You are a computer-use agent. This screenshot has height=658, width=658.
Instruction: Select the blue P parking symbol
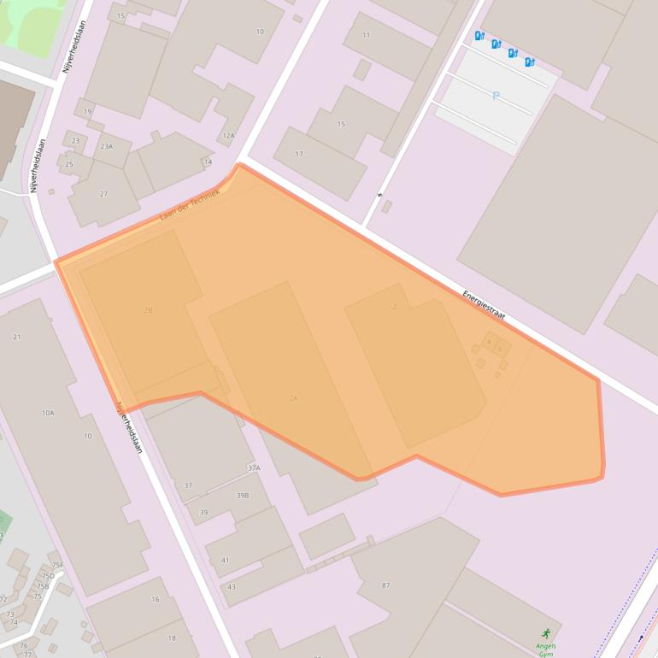pyautogui.click(x=496, y=97)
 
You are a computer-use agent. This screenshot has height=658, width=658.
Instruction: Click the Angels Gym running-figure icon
pyautogui.click(x=546, y=634)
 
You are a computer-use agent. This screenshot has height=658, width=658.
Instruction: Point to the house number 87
pyautogui.click(x=386, y=585)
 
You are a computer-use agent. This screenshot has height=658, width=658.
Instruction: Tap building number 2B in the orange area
pyautogui.click(x=148, y=310)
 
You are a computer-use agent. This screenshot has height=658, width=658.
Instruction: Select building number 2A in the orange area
pyautogui.click(x=293, y=398)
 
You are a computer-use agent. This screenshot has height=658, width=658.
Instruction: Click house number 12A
pyautogui.click(x=228, y=136)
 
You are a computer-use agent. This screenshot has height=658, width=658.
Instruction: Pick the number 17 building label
pyautogui.click(x=299, y=154)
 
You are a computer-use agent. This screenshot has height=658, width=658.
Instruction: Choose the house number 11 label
pyautogui.click(x=367, y=35)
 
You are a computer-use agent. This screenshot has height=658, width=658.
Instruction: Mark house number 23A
pyautogui.click(x=106, y=146)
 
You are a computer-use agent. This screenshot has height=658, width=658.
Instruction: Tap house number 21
pyautogui.click(x=17, y=337)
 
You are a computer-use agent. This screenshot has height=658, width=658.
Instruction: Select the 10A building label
pyautogui.click(x=48, y=413)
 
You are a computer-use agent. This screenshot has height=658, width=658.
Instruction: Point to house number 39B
pyautogui.click(x=243, y=496)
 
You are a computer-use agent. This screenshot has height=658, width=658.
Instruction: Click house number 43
pyautogui.click(x=232, y=587)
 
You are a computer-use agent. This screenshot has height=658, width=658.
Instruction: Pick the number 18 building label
pyautogui.click(x=172, y=637)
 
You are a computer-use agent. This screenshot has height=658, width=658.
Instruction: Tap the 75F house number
pyautogui.click(x=57, y=565)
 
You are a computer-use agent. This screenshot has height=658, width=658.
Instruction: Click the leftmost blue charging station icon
pyautogui.click(x=479, y=36)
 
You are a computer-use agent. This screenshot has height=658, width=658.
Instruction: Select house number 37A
pyautogui.click(x=254, y=468)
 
